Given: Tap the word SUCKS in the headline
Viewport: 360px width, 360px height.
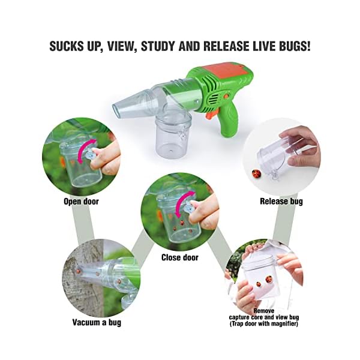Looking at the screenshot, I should click(68, 46).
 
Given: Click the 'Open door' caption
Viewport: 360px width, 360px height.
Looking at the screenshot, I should click(81, 202).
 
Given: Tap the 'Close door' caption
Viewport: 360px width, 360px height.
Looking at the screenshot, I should click(179, 257).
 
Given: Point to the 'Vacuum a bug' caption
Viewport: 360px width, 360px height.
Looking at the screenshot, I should click(95, 322).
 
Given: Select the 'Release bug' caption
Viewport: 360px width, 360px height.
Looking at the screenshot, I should click(281, 202).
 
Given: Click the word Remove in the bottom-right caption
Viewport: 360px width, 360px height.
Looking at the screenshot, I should click(264, 311).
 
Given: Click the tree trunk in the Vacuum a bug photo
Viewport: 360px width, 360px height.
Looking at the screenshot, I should click(75, 282).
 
